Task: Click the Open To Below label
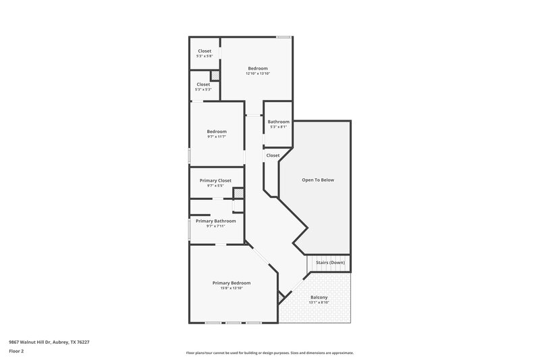point(317,180)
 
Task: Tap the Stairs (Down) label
point(330,262)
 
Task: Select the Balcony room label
point(319,297)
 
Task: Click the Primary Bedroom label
point(232,282)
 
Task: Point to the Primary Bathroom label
point(215,221)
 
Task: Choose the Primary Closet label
point(215,180)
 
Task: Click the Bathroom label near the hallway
point(278,122)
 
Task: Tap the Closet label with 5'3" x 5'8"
point(204,51)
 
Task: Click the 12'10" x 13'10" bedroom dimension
point(258,74)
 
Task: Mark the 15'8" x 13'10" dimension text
point(232,288)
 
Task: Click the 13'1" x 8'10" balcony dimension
point(319,303)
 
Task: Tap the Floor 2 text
point(16,351)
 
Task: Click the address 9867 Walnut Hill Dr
point(49,342)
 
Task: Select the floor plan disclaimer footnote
point(269,353)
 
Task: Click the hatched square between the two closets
point(215,76)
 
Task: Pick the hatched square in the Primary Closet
point(238,193)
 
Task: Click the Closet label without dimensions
point(273,155)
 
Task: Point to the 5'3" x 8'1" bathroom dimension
point(278,127)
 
